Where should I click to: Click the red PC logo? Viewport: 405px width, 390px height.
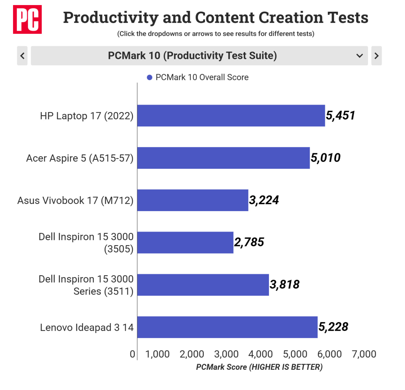pyautogui.click(x=27, y=19)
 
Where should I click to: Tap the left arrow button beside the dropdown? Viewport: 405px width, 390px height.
pyautogui.click(x=22, y=56)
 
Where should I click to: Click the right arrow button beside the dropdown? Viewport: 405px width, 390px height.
pyautogui.click(x=376, y=56)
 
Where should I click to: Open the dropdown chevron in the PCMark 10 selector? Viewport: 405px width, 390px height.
pyautogui.click(x=359, y=56)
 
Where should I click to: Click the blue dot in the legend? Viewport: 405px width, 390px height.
pyautogui.click(x=150, y=78)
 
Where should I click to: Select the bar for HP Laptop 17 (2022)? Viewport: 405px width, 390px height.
pyautogui.click(x=231, y=116)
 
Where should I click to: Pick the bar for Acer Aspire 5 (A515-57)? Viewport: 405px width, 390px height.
pyautogui.click(x=223, y=158)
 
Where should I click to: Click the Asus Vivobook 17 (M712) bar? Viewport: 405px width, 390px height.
pyautogui.click(x=193, y=200)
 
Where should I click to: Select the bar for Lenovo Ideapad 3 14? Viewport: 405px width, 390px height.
pyautogui.click(x=227, y=327)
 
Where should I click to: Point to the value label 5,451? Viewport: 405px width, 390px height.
pyautogui.click(x=340, y=116)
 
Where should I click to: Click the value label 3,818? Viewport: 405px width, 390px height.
pyautogui.click(x=284, y=285)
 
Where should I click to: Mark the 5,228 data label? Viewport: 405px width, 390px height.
pyautogui.click(x=333, y=327)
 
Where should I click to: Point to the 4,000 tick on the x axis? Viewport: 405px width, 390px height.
pyautogui.click(x=260, y=354)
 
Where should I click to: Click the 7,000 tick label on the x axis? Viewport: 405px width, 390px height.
pyautogui.click(x=364, y=354)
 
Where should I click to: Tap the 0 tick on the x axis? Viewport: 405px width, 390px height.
pyautogui.click(x=132, y=354)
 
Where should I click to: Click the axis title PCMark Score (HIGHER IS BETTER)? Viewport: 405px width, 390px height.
pyautogui.click(x=259, y=367)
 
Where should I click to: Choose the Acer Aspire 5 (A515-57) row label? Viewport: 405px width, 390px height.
pyautogui.click(x=80, y=158)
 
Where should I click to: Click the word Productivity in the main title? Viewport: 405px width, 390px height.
pyautogui.click(x=111, y=18)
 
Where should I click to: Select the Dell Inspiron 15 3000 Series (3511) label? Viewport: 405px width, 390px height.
pyautogui.click(x=86, y=285)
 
